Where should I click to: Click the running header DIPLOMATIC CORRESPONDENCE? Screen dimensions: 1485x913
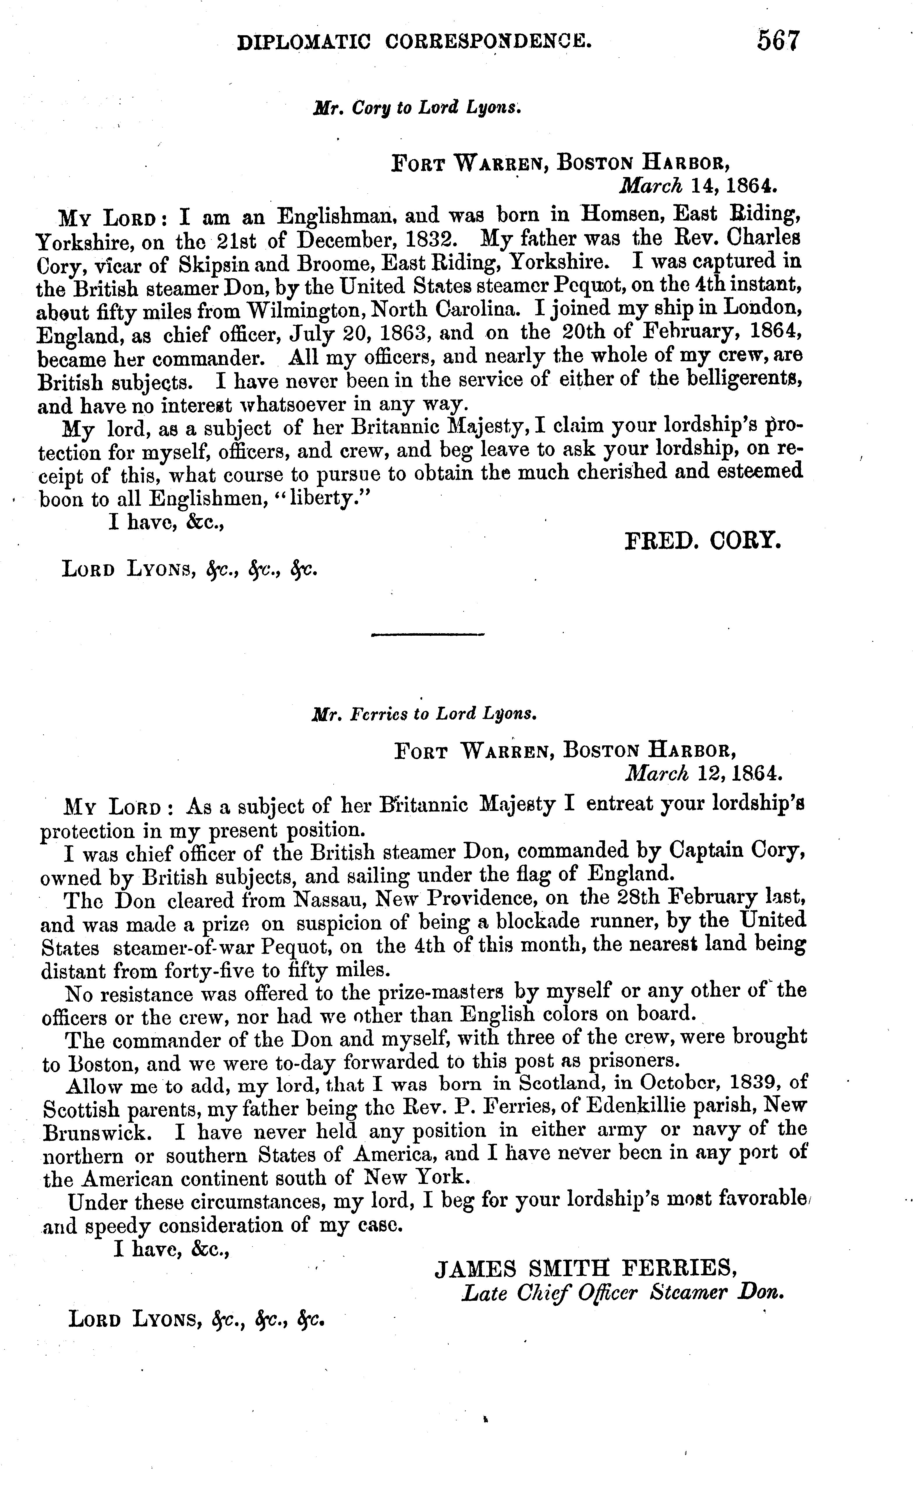click(414, 41)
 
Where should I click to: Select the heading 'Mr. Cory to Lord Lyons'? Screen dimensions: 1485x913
click(417, 108)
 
